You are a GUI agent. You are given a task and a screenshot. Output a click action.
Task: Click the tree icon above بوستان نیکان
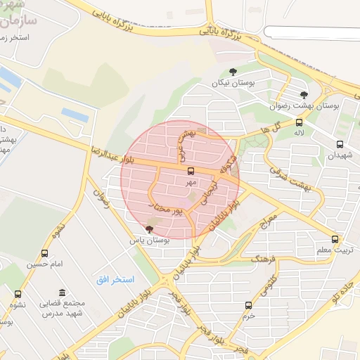(x=233, y=71)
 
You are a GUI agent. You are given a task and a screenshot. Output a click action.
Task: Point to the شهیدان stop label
(x=340, y=156)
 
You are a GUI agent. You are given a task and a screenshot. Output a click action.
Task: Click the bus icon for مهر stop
(x=191, y=171)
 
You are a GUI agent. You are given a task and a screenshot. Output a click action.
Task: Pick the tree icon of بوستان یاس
(x=148, y=229)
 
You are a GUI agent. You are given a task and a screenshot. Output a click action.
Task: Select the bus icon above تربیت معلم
(x=335, y=239)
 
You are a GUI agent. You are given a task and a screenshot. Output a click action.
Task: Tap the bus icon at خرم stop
(x=248, y=305)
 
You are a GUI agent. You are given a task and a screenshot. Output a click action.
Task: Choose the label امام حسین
(x=45, y=264)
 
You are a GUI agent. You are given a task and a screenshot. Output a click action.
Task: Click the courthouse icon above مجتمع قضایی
(x=63, y=292)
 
